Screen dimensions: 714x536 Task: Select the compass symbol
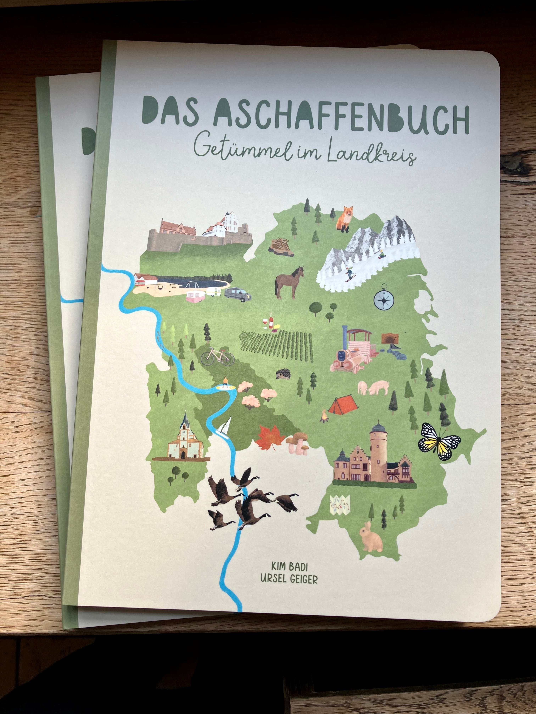pos(384,300)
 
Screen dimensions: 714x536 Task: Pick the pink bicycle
pos(217,356)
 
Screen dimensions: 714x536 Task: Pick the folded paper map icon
pos(340,504)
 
